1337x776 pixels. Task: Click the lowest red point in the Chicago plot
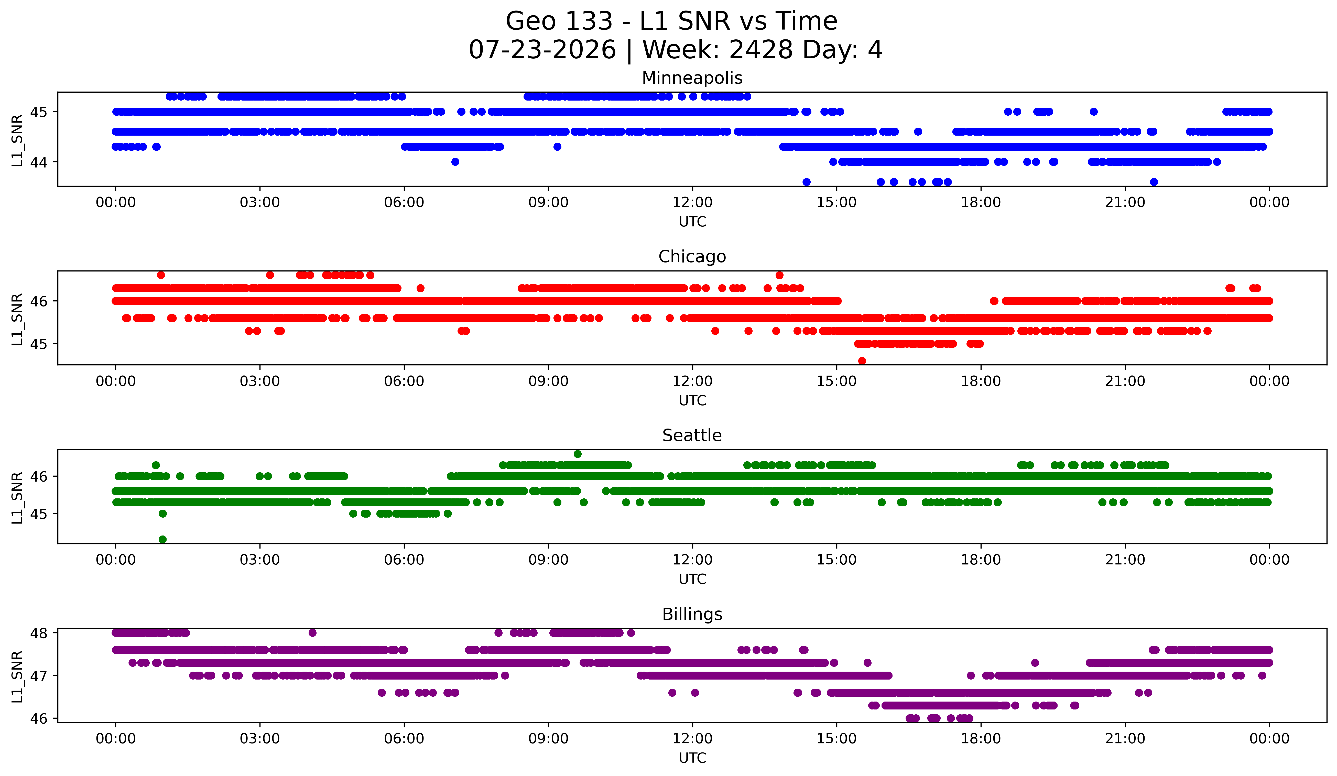(x=862, y=361)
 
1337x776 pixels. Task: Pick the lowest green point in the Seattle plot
(x=163, y=539)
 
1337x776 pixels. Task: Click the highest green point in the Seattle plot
(x=578, y=454)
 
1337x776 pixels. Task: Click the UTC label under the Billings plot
(x=692, y=758)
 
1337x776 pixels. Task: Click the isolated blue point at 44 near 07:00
(x=455, y=162)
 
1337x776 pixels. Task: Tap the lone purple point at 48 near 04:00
(x=312, y=633)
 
